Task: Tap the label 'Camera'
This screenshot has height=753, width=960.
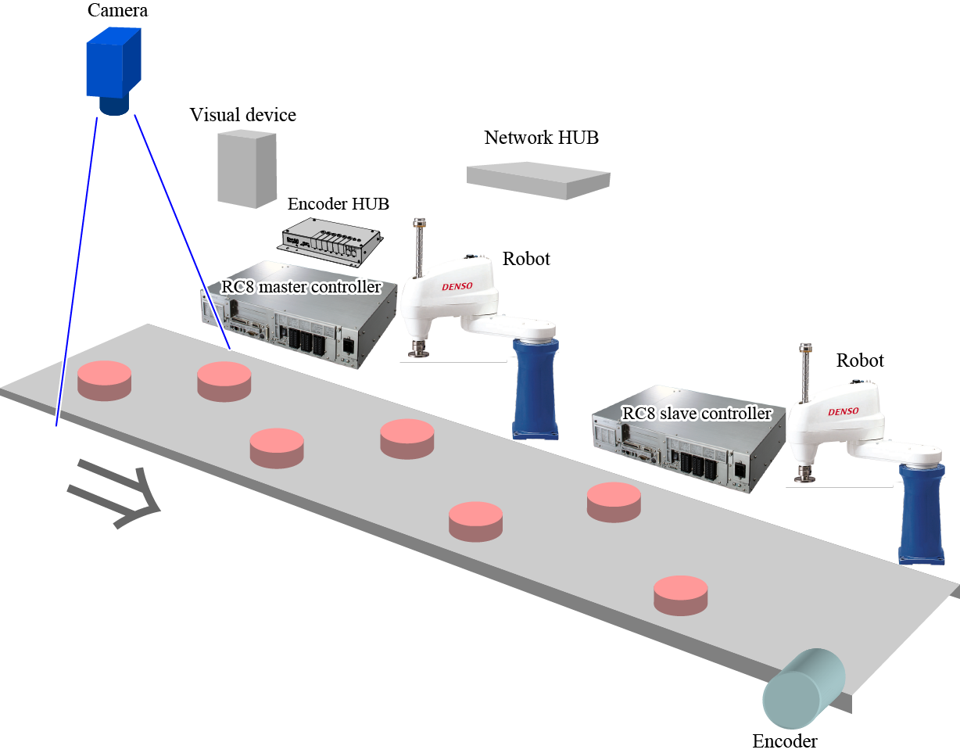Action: (118, 11)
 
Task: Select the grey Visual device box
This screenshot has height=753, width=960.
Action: (246, 168)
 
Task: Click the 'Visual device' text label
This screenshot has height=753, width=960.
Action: (243, 116)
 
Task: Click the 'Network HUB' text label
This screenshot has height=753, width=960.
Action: (541, 138)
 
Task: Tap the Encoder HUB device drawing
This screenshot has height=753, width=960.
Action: (328, 238)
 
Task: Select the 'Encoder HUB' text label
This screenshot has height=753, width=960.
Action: (339, 204)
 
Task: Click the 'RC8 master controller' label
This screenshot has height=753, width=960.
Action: (301, 287)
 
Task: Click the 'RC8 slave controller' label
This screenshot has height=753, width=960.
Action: (697, 413)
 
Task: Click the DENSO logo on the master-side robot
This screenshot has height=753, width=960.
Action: (458, 287)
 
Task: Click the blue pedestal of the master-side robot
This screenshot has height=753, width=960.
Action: (536, 388)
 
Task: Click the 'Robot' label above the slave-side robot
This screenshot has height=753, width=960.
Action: (860, 360)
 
